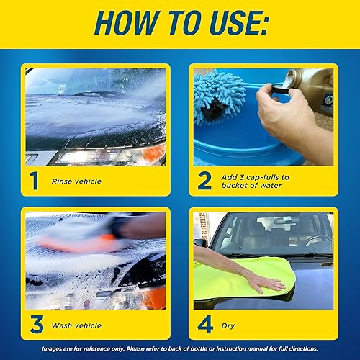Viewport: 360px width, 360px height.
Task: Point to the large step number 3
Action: pos(33,325)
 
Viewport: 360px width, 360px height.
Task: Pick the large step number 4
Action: pos(204,325)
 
